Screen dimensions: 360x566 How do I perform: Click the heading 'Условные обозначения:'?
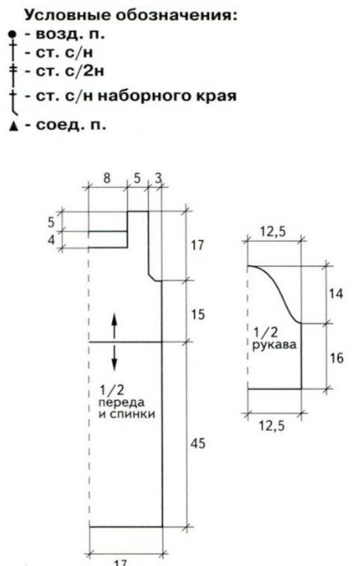(x=131, y=16)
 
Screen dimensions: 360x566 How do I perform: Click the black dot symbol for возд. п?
(x=12, y=34)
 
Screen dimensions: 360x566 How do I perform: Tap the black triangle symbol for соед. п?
(x=14, y=127)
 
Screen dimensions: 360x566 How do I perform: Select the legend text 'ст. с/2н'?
(x=70, y=71)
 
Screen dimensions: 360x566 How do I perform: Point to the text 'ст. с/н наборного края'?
(x=136, y=96)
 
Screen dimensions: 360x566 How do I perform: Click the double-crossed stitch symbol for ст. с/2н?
(x=13, y=71)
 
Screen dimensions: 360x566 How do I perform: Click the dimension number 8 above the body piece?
(x=107, y=178)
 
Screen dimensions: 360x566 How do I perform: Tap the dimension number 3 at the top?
(x=158, y=178)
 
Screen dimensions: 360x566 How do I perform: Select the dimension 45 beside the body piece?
(x=198, y=443)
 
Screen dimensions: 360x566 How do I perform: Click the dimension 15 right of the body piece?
(x=198, y=315)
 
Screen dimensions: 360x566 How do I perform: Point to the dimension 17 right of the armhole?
(x=198, y=245)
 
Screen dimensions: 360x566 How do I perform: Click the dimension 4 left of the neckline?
(x=51, y=239)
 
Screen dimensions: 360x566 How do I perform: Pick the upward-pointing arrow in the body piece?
(x=114, y=325)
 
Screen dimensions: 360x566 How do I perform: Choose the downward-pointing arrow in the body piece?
(x=114, y=357)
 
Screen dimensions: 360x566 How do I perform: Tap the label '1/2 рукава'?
(x=274, y=339)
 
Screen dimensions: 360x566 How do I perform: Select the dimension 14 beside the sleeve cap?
(x=335, y=294)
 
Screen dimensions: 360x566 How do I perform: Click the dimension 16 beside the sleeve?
(x=336, y=358)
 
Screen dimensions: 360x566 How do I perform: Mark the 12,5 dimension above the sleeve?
(x=273, y=232)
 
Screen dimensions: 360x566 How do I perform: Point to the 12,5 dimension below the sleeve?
(x=272, y=426)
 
